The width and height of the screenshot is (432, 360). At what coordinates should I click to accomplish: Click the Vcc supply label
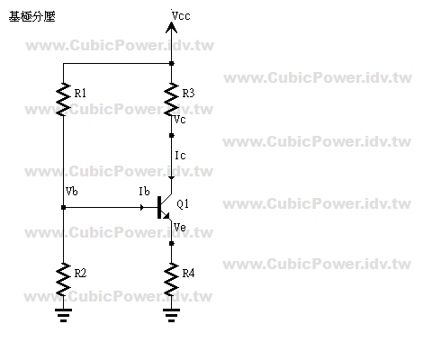tap(181, 15)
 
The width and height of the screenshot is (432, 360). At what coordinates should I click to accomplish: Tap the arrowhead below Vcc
tap(171, 28)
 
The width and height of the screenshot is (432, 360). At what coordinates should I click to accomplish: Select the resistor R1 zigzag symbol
tap(63, 99)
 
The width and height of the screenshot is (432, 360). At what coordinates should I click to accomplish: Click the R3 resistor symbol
tap(171, 99)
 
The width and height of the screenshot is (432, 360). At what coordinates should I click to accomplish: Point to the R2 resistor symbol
tap(63, 279)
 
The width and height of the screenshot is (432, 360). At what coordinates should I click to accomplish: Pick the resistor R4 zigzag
tap(171, 279)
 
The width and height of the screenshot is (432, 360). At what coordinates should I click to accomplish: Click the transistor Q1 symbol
tap(165, 207)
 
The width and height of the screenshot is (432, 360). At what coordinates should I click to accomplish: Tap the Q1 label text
tap(183, 204)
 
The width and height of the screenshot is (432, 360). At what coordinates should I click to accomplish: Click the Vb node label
tap(72, 191)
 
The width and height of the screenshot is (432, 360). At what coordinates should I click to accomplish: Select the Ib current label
tap(144, 191)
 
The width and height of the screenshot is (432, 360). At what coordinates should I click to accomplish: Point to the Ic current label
tap(180, 156)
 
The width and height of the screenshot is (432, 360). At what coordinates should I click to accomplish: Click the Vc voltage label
tap(180, 120)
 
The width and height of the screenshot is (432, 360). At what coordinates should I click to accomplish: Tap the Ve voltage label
tap(180, 228)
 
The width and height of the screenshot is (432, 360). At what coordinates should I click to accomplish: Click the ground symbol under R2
tap(63, 315)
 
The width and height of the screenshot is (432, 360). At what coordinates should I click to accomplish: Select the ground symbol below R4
tap(171, 315)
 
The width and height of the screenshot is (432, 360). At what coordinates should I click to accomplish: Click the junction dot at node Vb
tap(63, 207)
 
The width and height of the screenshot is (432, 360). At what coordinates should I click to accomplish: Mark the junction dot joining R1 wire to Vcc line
tap(171, 63)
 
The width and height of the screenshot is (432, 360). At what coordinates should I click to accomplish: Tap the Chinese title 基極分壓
tap(32, 16)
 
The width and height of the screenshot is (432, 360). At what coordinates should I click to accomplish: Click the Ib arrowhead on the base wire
tap(142, 207)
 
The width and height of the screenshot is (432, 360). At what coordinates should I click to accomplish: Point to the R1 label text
tap(80, 94)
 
